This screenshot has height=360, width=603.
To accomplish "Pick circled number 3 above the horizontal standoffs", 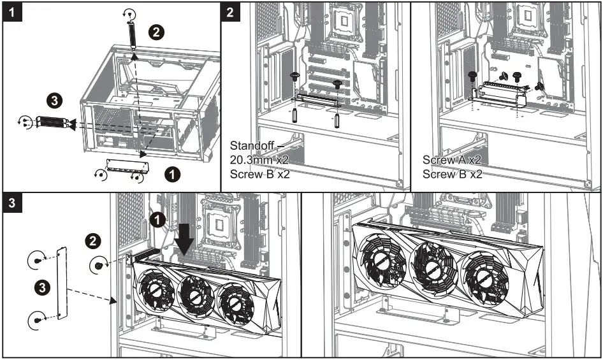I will pyautogui.click(x=56, y=100).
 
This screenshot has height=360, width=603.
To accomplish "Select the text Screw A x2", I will pyautogui.click(x=452, y=159).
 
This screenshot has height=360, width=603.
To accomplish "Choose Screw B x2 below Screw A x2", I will pyautogui.click(x=452, y=173).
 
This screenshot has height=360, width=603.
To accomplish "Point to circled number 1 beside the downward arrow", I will pyautogui.click(x=158, y=221).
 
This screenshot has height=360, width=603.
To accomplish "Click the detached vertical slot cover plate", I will pyautogui.click(x=62, y=287).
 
